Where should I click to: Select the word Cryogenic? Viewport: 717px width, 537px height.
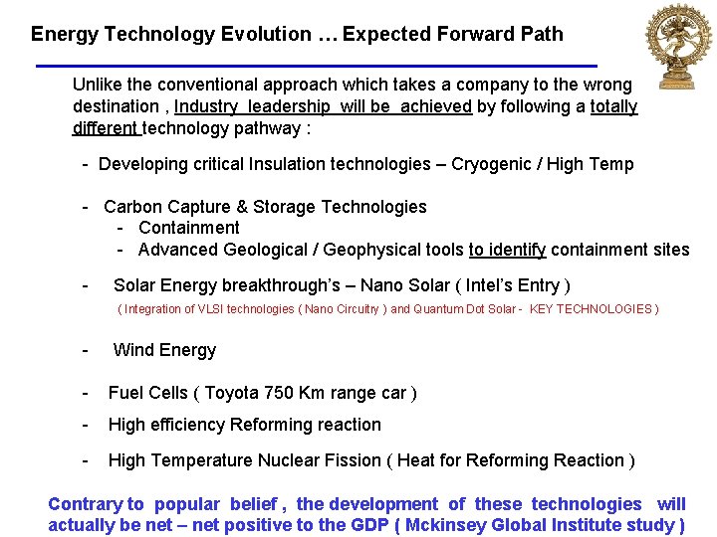(x=493, y=164)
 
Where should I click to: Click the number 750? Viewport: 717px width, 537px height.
(x=284, y=393)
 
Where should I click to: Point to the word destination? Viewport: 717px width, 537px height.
(x=115, y=106)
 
